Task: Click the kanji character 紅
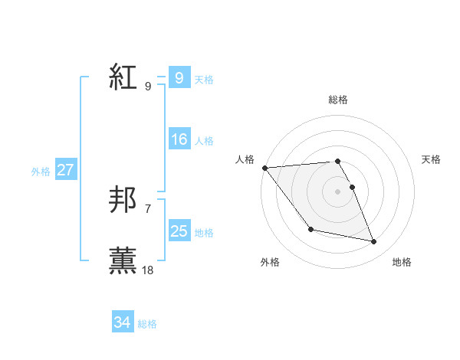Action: pyautogui.click(x=123, y=77)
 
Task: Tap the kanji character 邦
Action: pyautogui.click(x=123, y=200)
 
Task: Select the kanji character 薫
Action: pyautogui.click(x=123, y=260)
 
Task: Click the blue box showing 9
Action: pyautogui.click(x=179, y=78)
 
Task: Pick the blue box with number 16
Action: pyautogui.click(x=179, y=139)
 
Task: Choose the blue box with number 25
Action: pyautogui.click(x=179, y=231)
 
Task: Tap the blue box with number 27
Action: pyautogui.click(x=65, y=170)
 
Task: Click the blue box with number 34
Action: pyautogui.click(x=122, y=322)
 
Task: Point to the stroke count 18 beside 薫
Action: pyautogui.click(x=148, y=270)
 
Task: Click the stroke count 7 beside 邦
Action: pyautogui.click(x=148, y=208)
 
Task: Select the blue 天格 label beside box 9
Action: pyautogui.click(x=204, y=80)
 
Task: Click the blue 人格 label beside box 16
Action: pyautogui.click(x=204, y=141)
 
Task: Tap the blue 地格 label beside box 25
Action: pyautogui.click(x=204, y=233)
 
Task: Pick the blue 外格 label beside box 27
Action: pyautogui.click(x=41, y=172)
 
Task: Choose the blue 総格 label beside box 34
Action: pyautogui.click(x=147, y=324)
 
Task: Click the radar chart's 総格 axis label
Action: pyautogui.click(x=338, y=100)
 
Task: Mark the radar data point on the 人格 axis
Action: pyautogui.click(x=264, y=168)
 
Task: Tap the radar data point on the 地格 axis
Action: pyautogui.click(x=374, y=242)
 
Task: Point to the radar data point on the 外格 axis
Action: pyautogui.click(x=310, y=229)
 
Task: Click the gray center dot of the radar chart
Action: pyautogui.click(x=338, y=191)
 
